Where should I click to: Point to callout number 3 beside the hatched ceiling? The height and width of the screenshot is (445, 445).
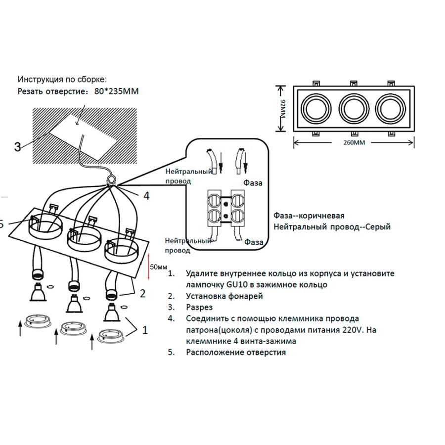(x=18, y=147)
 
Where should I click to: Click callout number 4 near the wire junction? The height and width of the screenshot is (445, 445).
(x=146, y=196)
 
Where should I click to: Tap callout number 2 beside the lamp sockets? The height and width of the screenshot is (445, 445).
(x=142, y=294)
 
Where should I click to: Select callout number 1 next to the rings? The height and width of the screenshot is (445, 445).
(x=145, y=330)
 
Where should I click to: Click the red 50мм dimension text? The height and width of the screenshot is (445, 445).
(x=158, y=267)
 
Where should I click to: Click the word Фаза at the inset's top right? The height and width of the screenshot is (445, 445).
(x=253, y=183)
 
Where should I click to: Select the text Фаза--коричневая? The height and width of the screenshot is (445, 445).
(x=309, y=216)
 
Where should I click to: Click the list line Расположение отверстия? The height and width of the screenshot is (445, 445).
(x=236, y=353)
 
